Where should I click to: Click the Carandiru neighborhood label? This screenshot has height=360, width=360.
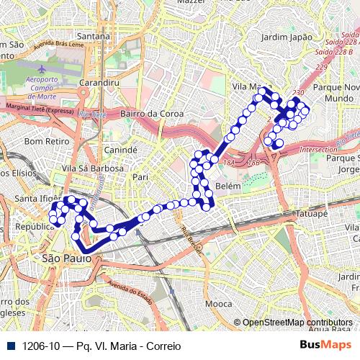[99, 83]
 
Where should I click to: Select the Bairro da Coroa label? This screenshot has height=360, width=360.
[153, 114]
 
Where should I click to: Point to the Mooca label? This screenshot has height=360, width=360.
[219, 304]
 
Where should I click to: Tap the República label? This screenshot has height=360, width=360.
[30, 226]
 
